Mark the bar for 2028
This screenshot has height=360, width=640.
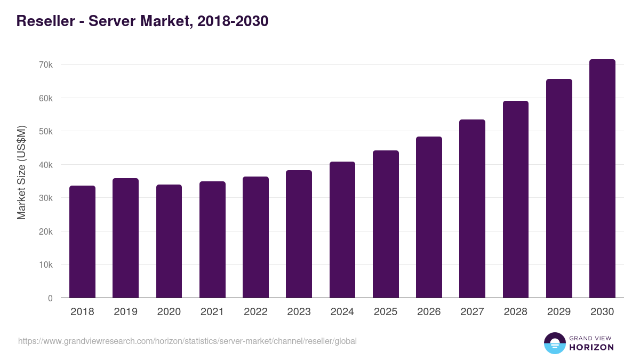516,199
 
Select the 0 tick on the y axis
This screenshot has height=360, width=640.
50,298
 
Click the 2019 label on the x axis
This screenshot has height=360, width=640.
125,312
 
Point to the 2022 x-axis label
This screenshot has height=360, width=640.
255,312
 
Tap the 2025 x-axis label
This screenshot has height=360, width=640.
386,312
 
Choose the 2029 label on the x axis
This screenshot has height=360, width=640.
559,312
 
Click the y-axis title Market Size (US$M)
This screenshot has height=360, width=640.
21,173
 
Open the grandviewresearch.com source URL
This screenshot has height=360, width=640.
187,341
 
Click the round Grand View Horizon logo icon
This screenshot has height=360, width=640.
554,343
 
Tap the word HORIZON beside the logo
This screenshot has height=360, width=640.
591,347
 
